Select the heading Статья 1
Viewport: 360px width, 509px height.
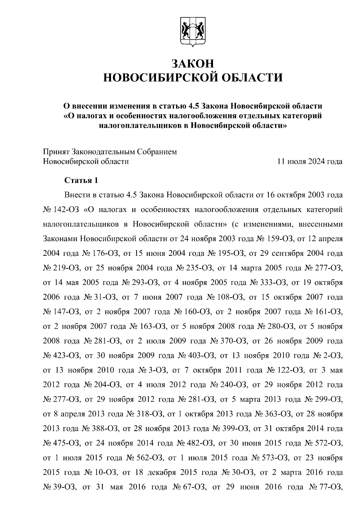(x=81, y=180)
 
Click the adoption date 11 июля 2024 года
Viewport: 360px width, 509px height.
(x=310, y=161)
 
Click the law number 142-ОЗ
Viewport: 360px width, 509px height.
(x=66, y=209)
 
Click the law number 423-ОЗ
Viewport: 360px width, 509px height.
(x=66, y=355)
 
